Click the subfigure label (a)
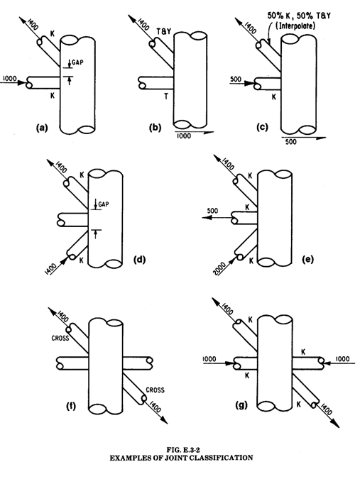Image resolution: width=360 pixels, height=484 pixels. pyautogui.click(x=42, y=128)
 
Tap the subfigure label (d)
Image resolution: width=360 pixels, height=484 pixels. pyautogui.click(x=139, y=260)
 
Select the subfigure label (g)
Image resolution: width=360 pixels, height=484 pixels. pyautogui.click(x=241, y=405)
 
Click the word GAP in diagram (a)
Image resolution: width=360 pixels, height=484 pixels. pyautogui.click(x=77, y=62)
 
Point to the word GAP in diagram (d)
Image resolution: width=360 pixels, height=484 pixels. pyautogui.click(x=104, y=204)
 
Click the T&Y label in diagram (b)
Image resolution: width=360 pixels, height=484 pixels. pyautogui.click(x=163, y=31)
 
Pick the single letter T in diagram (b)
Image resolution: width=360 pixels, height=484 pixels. pyautogui.click(x=166, y=97)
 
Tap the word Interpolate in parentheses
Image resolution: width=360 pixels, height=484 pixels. pyautogui.click(x=297, y=26)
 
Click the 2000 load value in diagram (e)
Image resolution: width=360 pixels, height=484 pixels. pyautogui.click(x=219, y=269)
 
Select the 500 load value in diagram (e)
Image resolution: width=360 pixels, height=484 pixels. pyautogui.click(x=212, y=211)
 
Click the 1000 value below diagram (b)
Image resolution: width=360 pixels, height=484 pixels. pyautogui.click(x=184, y=136)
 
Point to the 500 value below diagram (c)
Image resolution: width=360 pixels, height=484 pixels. pyautogui.click(x=291, y=142)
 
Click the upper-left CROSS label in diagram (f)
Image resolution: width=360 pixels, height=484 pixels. pyautogui.click(x=60, y=339)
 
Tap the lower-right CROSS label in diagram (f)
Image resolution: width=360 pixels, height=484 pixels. pyautogui.click(x=155, y=390)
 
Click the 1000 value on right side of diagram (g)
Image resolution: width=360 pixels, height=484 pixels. pyautogui.click(x=342, y=358)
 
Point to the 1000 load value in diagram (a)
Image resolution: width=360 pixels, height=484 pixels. pyautogui.click(x=9, y=78)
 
